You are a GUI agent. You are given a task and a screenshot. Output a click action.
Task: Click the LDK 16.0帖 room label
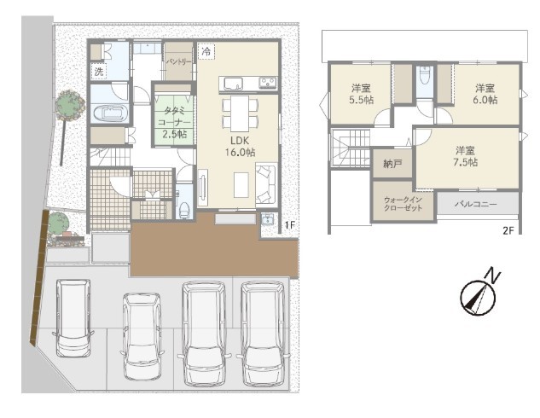pyautogui.click(x=240, y=146)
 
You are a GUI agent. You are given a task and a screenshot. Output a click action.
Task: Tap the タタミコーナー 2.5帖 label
pyautogui.click(x=175, y=122)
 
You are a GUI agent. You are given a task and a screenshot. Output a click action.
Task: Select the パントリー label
pyautogui.click(x=179, y=62)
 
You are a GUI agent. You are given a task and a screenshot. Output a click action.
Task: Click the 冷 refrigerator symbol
pyautogui.click(x=206, y=52)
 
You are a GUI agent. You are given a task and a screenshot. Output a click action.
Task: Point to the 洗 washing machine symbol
pyautogui.click(x=99, y=72)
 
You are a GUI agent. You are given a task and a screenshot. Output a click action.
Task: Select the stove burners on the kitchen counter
pyautogui.click(x=268, y=83)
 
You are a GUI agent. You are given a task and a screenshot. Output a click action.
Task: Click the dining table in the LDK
pyautogui.click(x=240, y=113)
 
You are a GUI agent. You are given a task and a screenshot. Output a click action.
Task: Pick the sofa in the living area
pyautogui.click(x=266, y=184)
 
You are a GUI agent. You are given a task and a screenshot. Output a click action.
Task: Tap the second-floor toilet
pyautogui.click(x=424, y=77)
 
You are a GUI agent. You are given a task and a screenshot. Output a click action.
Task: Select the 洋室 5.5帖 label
pyautogui.click(x=361, y=94)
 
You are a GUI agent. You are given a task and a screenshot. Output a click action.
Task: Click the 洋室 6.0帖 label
pyautogui.click(x=485, y=94)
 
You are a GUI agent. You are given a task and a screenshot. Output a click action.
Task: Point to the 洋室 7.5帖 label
pyautogui.click(x=465, y=156)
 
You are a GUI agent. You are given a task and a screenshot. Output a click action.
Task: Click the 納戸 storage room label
pyautogui.click(x=392, y=164)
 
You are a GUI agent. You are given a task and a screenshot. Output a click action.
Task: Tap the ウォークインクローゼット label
pyautogui.click(x=403, y=204)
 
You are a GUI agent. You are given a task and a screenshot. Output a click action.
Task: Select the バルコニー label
pyautogui.click(x=476, y=204)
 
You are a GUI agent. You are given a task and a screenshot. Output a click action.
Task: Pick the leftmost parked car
pyautogui.click(x=73, y=318)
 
